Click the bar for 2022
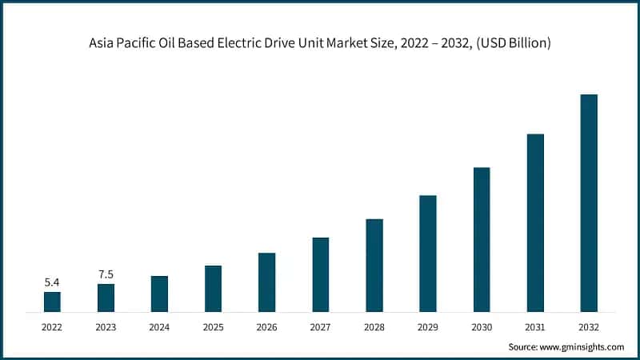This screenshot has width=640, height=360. (x=52, y=302)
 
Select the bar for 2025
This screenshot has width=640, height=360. (x=213, y=288)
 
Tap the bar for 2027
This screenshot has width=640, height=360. (x=320, y=274)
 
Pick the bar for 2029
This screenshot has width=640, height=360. (x=428, y=253)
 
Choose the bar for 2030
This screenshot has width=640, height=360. (x=482, y=239)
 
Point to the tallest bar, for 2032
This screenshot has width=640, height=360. (x=589, y=202)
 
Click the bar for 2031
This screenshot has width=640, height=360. (x=535, y=222)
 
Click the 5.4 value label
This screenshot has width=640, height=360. (x=52, y=282)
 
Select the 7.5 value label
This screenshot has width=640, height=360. (x=106, y=274)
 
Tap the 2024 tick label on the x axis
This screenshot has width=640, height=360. (x=159, y=326)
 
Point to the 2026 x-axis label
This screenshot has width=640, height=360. (x=266, y=326)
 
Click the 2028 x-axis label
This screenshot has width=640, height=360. (x=374, y=326)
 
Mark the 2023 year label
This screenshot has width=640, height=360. (x=106, y=326)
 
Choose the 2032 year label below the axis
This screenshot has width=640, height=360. (x=589, y=326)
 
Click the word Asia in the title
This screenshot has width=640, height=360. (x=103, y=43)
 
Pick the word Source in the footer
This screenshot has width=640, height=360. (x=524, y=346)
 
